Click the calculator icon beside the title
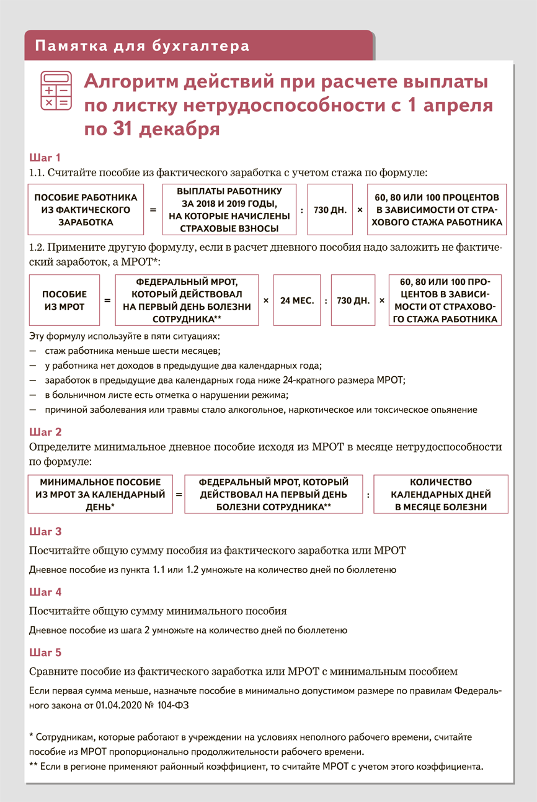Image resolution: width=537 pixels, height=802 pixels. point(56,91)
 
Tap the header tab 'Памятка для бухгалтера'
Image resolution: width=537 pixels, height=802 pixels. point(143,46)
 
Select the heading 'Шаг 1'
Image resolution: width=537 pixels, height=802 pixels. point(45,158)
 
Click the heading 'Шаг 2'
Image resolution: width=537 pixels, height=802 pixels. point(45,432)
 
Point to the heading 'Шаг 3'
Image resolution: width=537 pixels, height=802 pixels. point(45,532)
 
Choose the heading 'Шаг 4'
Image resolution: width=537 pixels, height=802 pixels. point(45,592)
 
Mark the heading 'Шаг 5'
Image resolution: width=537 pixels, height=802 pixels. point(45,653)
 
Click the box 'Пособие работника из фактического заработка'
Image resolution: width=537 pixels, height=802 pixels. point(86,209)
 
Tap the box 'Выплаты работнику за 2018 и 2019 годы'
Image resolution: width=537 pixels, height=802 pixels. point(229,209)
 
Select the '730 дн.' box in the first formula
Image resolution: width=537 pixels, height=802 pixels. point(330,210)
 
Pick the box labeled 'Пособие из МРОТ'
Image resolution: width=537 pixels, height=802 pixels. point(64,300)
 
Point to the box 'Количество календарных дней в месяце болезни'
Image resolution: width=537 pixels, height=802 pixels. point(441,495)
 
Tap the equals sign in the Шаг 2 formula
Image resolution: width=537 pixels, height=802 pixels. point(179,495)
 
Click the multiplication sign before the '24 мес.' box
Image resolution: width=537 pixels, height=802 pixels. point(266,300)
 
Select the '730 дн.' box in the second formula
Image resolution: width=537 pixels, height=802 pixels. point(353,300)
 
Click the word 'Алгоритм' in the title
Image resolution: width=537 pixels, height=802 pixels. point(131,83)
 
